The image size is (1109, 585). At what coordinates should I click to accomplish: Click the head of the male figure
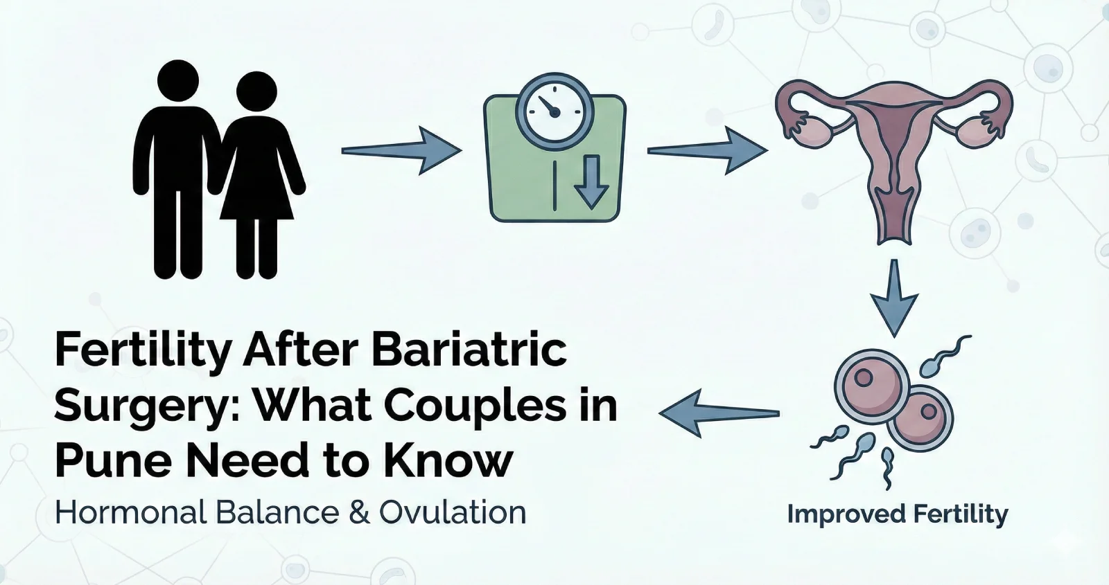click(x=178, y=80)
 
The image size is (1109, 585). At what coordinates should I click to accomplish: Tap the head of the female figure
click(x=256, y=92)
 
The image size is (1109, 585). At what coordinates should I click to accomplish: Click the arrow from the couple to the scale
click(x=401, y=150)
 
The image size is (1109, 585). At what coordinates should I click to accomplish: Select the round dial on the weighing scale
click(x=554, y=111)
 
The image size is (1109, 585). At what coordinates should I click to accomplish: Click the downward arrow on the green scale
click(x=591, y=181)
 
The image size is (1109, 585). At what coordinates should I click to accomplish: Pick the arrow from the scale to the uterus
click(x=708, y=150)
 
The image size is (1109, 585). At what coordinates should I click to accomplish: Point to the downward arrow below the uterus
click(x=894, y=298)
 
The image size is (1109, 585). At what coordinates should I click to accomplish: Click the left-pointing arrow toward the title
click(x=719, y=413)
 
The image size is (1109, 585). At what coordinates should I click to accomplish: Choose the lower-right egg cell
click(x=919, y=418)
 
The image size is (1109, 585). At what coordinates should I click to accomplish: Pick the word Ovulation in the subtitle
click(x=453, y=512)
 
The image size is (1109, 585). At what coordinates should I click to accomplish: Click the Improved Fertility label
click(x=898, y=515)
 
